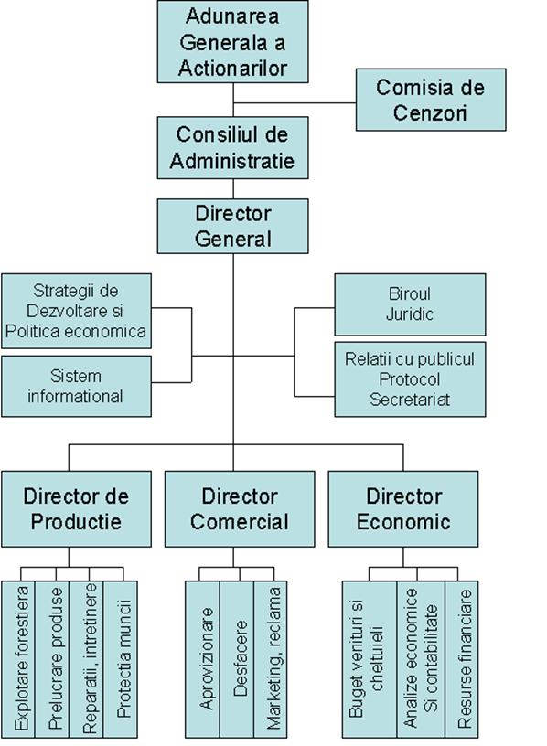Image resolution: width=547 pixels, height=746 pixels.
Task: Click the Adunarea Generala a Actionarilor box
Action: tap(233, 41)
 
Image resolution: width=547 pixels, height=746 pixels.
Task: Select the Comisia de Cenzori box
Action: tap(431, 100)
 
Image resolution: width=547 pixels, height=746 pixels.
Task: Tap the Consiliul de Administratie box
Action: tap(233, 148)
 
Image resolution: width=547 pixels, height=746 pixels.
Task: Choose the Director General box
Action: tap(233, 226)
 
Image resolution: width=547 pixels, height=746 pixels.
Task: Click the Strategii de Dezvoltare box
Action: tap(76, 311)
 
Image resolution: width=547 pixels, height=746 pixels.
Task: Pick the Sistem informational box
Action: tap(76, 387)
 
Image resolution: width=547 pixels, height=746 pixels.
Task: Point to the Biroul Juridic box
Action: tap(410, 304)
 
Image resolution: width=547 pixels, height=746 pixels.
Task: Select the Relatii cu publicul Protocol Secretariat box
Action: tap(410, 379)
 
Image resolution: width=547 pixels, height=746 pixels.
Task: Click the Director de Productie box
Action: tap(76, 509)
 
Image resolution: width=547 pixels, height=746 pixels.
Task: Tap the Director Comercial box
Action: tap(240, 509)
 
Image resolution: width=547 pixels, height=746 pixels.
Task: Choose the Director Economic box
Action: tap(403, 509)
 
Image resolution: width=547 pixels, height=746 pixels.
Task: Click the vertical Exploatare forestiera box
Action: tap(18, 659)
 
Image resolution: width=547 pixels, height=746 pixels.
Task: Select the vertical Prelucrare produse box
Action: tap(52, 659)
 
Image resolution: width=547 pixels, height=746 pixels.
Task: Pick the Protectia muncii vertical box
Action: tap(121, 659)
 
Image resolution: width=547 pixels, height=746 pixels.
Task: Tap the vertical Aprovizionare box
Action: tap(202, 659)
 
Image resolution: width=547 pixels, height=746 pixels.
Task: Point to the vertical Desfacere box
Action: tap(237, 659)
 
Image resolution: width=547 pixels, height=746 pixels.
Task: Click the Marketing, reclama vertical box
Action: tap(271, 659)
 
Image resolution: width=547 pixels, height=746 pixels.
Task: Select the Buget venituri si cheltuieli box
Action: tap(370, 659)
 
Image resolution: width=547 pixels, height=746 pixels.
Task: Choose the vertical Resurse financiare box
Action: tap(462, 659)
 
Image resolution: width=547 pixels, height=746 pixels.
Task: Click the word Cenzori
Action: tap(430, 113)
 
